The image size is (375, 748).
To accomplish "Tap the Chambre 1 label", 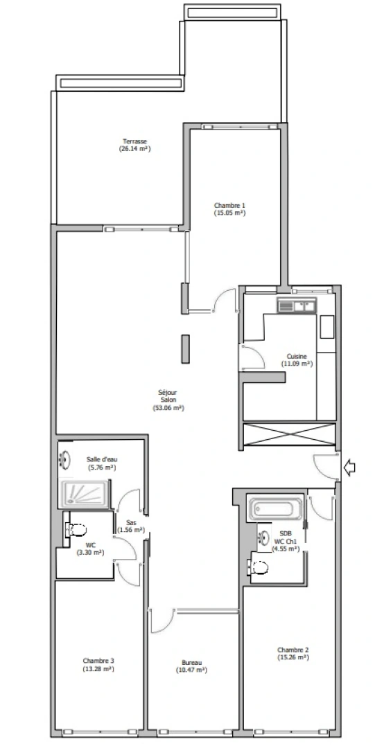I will coord(229,205).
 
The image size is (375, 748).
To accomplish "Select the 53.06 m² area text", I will coord(168,408).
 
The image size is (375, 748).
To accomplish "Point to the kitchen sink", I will coord(297,305).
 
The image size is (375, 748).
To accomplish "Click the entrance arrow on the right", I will coord(350,469).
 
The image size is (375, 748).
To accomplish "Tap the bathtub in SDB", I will coord(275,509).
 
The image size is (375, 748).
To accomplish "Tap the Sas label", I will coord(130,523).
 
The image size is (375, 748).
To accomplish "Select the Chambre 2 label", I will coord(293,650).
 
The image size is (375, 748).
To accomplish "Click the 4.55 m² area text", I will coord(286,548).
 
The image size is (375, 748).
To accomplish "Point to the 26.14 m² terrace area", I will coord(135,148).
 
